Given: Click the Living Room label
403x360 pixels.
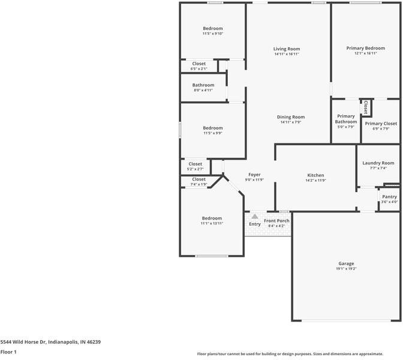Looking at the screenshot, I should (287, 49).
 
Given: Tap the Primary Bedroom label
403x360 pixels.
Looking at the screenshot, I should (365, 48).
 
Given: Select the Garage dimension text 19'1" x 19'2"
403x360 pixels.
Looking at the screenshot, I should (346, 269).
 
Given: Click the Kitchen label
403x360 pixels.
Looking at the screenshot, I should (315, 175).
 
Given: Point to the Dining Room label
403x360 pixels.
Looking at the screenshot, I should (291, 117).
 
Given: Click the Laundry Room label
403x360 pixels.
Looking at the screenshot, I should (378, 163).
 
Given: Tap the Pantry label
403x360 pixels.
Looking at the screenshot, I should (389, 197).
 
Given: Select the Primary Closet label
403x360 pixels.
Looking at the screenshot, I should (381, 124).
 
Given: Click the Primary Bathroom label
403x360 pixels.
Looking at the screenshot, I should (346, 119).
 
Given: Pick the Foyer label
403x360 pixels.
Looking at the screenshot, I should (254, 175).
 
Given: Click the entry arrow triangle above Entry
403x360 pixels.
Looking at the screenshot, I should (255, 217).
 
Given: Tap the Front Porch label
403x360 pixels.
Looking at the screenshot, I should (276, 221).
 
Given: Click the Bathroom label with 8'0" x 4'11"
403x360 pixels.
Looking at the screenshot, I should (203, 85).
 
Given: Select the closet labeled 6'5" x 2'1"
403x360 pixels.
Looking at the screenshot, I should (199, 64).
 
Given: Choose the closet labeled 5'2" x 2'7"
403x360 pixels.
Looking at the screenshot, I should (196, 164).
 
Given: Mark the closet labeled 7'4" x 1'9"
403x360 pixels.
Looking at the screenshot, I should (199, 179).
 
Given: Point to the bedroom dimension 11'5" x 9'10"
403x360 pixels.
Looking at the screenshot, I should (212, 34).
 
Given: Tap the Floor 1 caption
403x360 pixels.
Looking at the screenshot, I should (8, 352).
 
